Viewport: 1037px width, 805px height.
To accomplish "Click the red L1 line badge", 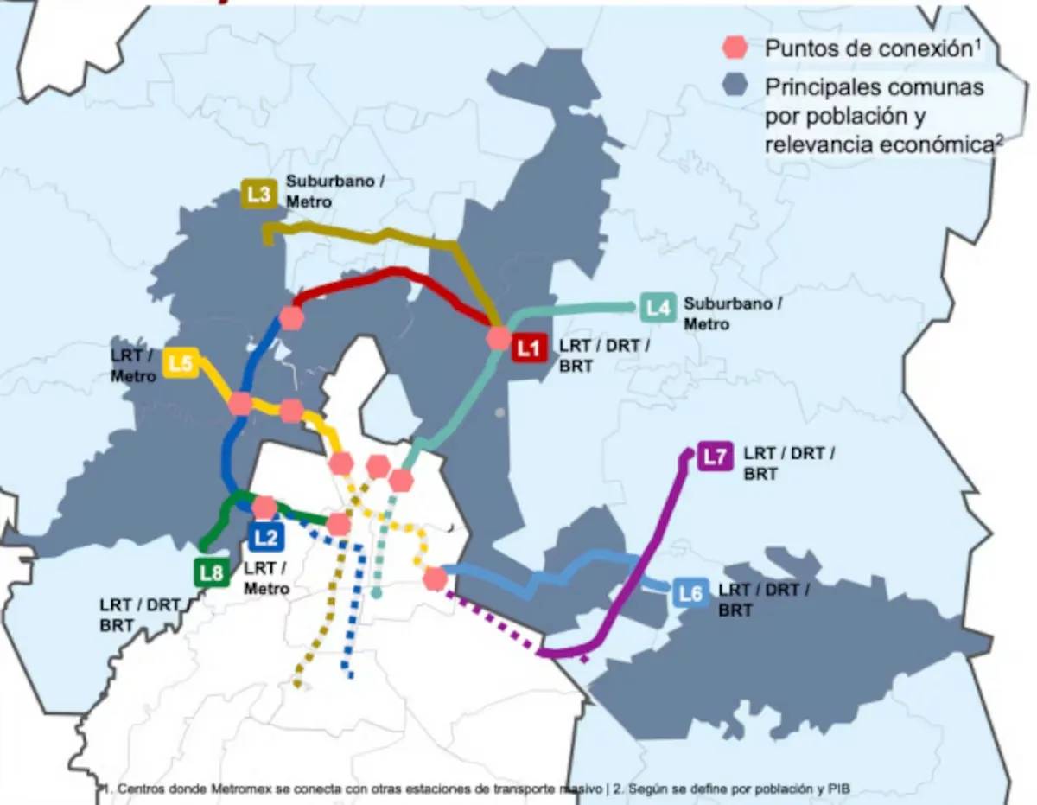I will [x=529, y=349].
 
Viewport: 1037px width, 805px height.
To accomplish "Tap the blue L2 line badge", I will [x=266, y=538].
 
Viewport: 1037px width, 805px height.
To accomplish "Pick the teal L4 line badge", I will [x=658, y=308].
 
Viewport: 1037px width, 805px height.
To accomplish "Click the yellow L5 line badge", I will [x=180, y=364].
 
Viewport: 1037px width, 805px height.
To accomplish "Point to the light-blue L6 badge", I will [x=690, y=594].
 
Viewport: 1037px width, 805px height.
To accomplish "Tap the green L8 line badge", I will [x=212, y=572].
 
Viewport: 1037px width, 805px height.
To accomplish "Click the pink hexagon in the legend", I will [x=736, y=48].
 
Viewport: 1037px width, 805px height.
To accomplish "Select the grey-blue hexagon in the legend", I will [x=736, y=85].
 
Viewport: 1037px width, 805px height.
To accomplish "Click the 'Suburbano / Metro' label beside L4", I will [x=732, y=314].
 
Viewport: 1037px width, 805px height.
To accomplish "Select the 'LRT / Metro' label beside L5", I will [x=134, y=365].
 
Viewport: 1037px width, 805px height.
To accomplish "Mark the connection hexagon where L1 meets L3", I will [x=499, y=337].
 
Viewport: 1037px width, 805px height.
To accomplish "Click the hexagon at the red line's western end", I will [x=292, y=317].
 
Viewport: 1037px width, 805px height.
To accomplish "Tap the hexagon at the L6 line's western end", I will [x=435, y=578].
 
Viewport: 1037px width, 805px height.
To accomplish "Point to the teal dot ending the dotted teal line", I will [x=377, y=593].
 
